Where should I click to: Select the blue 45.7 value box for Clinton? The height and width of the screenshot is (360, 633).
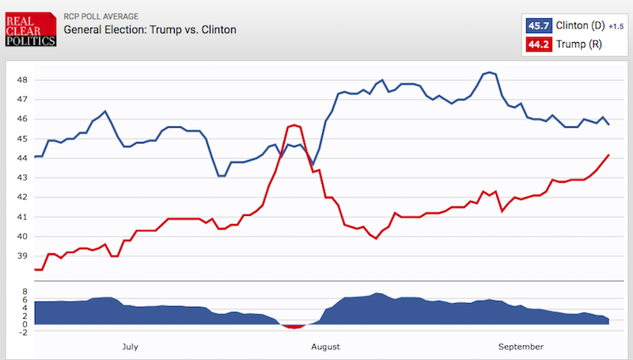tap(539, 25)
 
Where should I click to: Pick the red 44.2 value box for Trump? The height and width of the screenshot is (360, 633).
tap(539, 44)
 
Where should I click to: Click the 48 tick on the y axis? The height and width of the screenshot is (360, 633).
tap(22, 80)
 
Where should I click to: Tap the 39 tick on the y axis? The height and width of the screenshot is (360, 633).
tap(22, 256)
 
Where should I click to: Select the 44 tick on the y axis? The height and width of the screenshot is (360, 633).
tap(22, 158)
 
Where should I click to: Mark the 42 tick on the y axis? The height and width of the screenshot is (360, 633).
tap(22, 198)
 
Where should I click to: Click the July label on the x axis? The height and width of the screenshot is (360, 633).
tap(131, 347)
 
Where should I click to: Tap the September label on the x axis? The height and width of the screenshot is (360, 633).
tap(521, 347)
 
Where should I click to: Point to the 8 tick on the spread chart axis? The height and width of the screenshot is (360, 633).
tap(25, 291)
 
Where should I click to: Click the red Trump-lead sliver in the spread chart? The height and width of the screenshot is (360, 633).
tap(294, 326)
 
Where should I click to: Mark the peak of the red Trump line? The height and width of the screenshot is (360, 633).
tap(294, 125)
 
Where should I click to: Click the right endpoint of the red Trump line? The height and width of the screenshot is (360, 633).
tap(608, 155)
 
